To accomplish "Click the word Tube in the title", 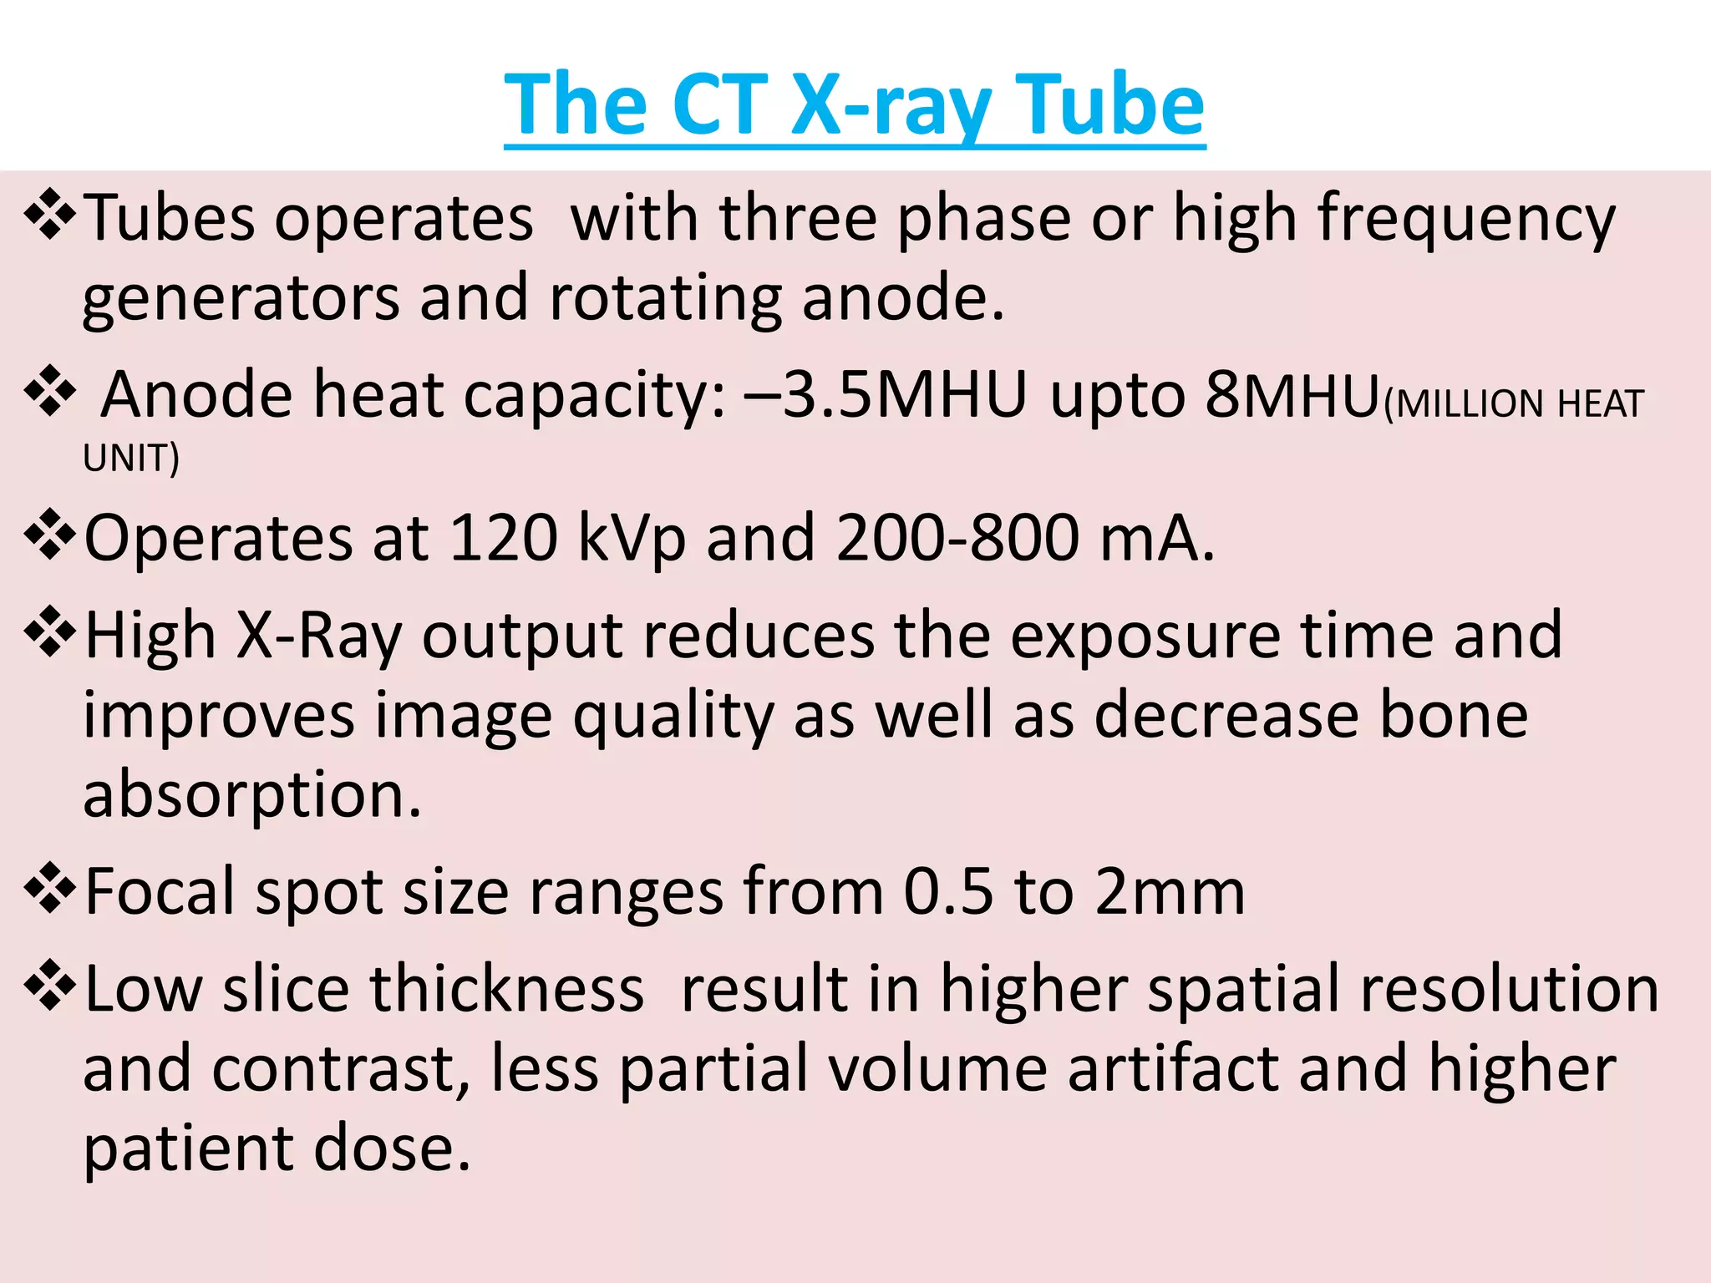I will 1111,104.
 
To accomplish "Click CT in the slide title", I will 719,104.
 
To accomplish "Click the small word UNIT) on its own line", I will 131,459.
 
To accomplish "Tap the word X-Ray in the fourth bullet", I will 318,636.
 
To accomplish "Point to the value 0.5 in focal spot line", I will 949,891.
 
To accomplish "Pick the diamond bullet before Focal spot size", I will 50,889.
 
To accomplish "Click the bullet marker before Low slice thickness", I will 50,986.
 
